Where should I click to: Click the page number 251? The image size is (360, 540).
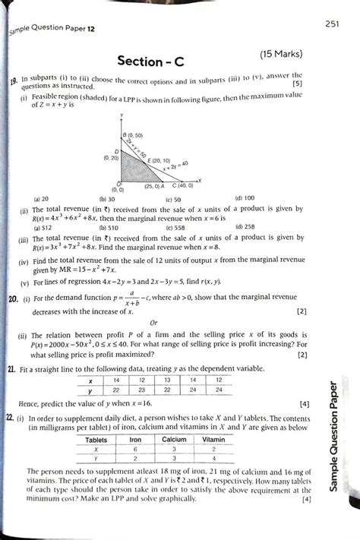(333, 25)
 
